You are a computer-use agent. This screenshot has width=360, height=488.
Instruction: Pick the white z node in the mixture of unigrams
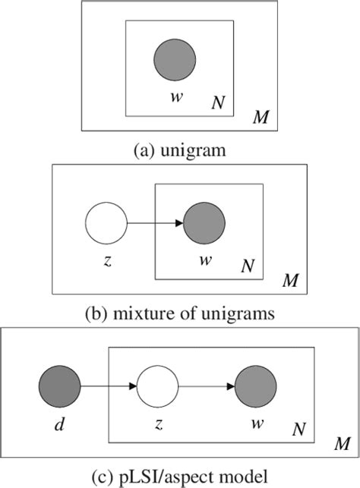pos(107,223)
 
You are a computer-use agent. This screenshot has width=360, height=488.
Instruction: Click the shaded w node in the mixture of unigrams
pos(204,223)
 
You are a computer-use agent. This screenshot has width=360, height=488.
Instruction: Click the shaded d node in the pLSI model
pos(59,386)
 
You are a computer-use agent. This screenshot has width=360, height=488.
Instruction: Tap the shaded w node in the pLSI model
pos(256,386)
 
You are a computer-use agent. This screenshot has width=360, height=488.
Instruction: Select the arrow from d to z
pos(107,386)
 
